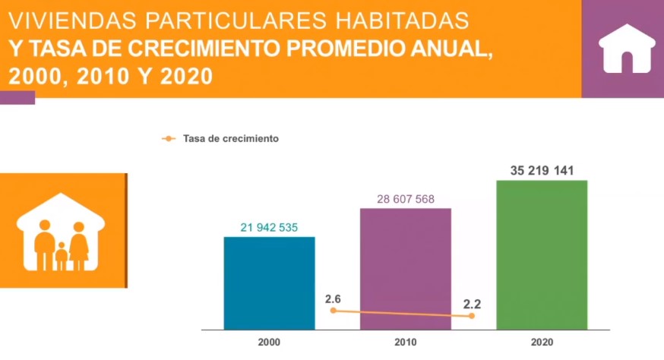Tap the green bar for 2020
click(542, 254)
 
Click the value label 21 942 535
click(269, 228)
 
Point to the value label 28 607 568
click(406, 199)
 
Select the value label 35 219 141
click(542, 171)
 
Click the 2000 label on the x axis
click(269, 343)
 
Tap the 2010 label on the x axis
click(406, 343)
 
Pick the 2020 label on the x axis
click(542, 343)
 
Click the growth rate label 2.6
click(333, 298)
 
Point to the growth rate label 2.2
click(472, 303)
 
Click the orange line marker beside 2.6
click(333, 311)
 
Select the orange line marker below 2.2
click(472, 316)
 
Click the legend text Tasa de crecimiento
click(231, 139)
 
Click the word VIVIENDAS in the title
click(53, 17)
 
